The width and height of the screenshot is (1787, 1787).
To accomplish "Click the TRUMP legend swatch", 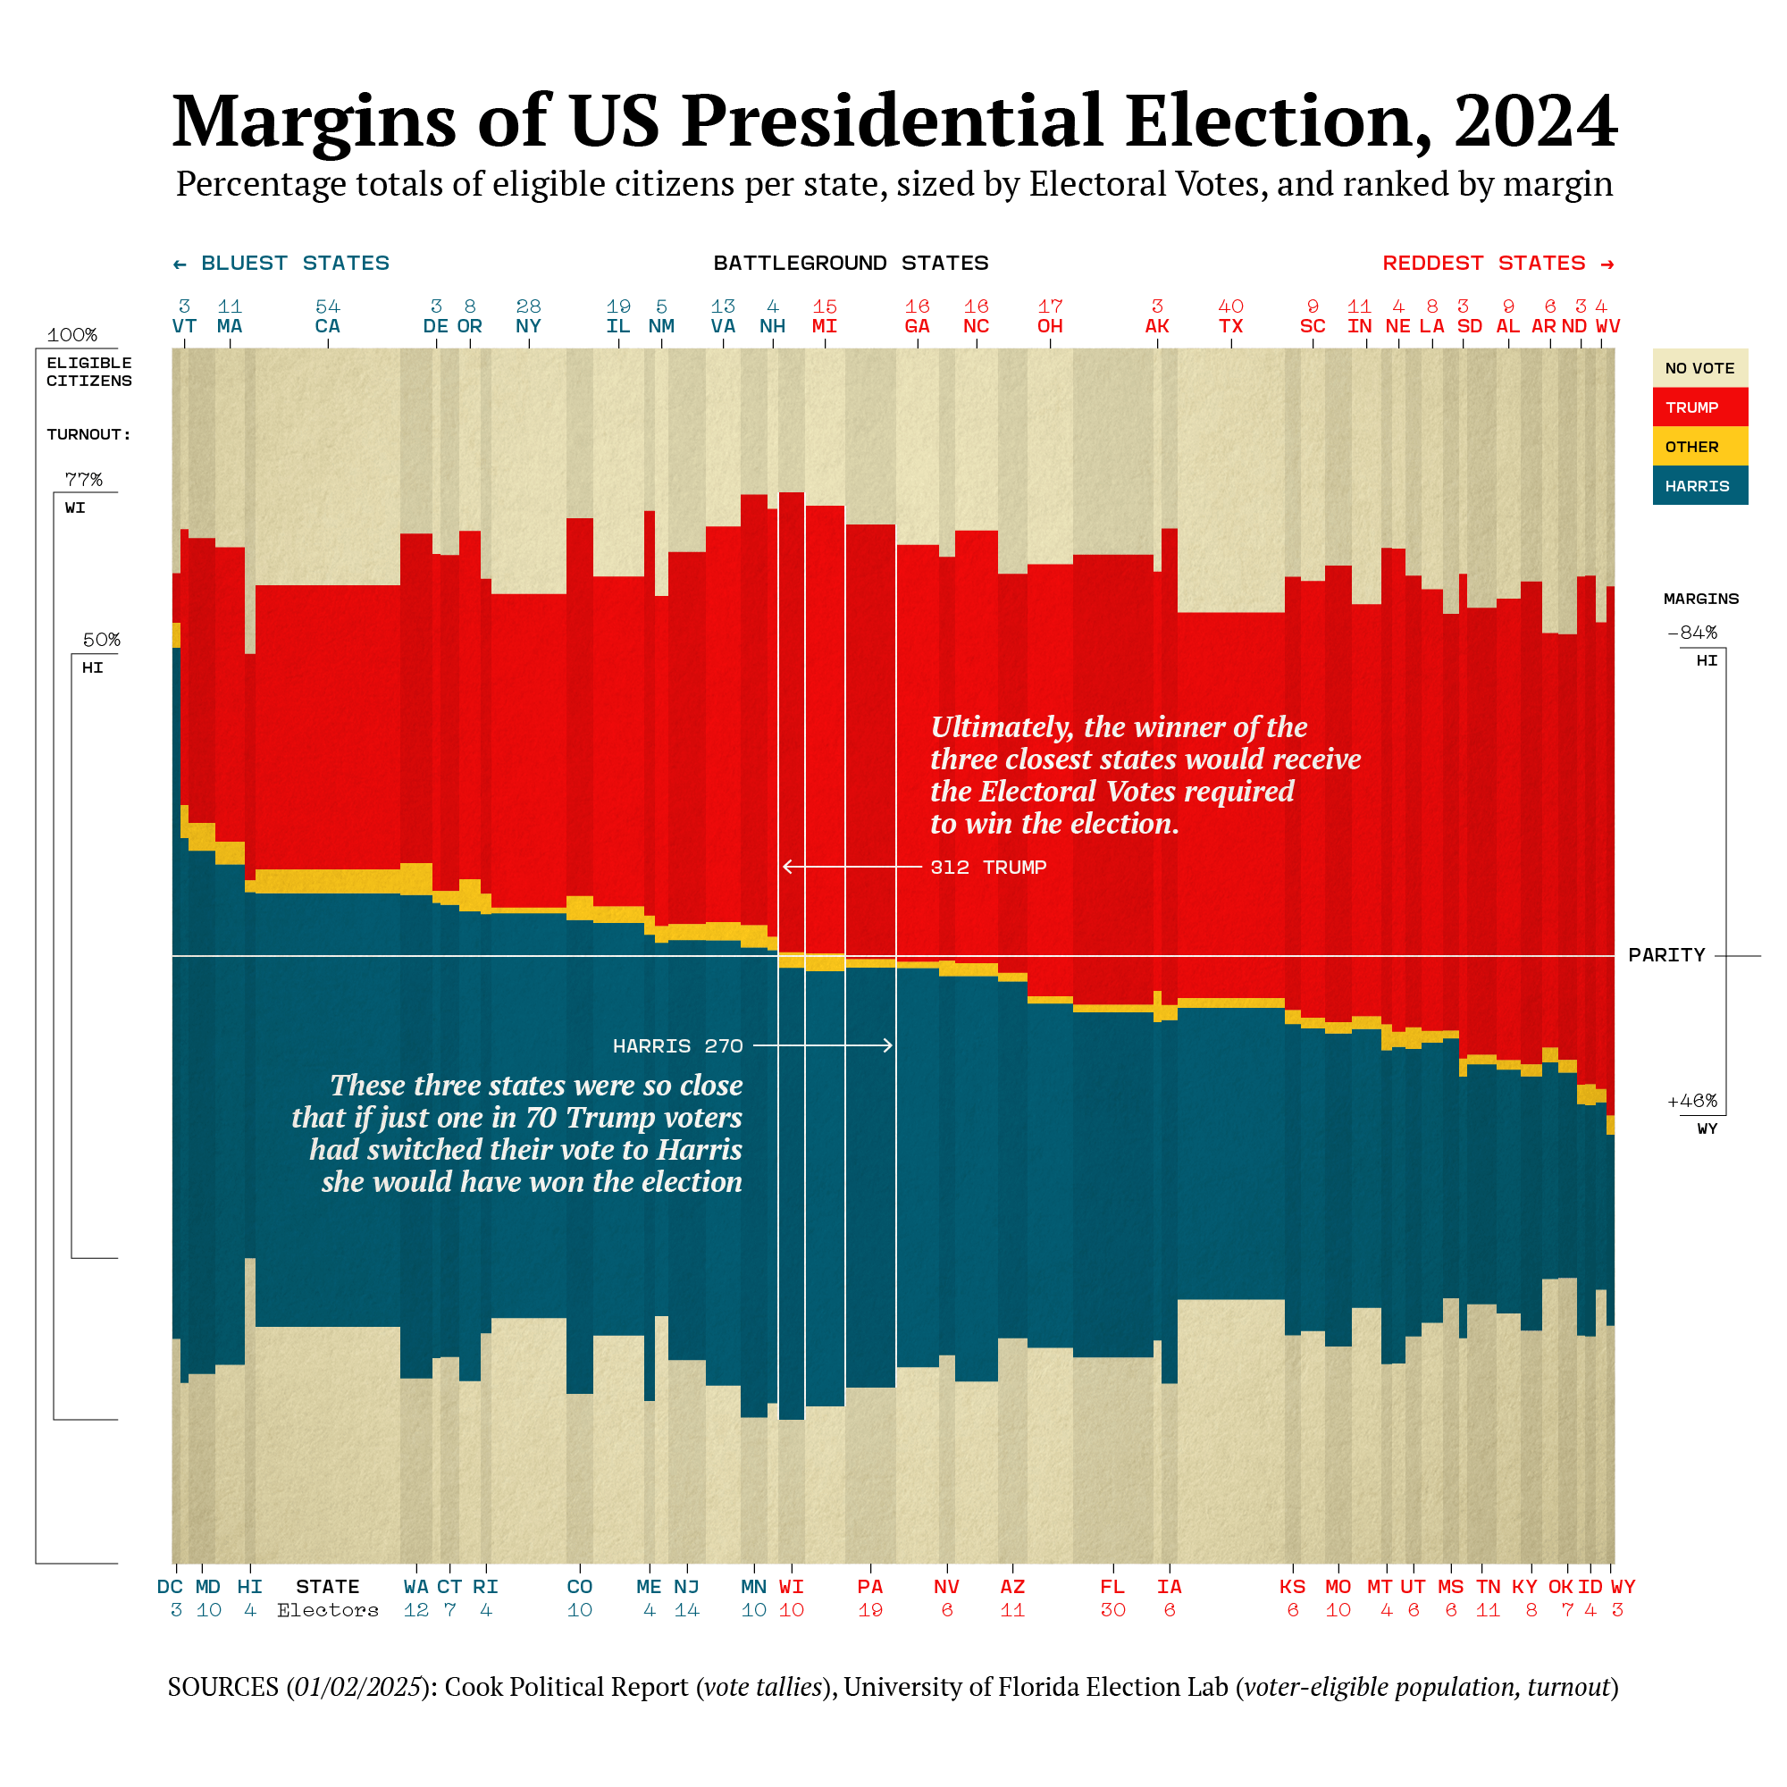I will coord(1699,407).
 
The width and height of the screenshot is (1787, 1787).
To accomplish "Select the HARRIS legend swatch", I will coord(1699,485).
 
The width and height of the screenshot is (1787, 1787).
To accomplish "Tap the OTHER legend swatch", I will coord(1699,447).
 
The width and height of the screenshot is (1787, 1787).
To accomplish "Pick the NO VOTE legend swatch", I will coord(1699,368).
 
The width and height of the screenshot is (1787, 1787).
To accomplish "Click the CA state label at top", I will coord(327,326).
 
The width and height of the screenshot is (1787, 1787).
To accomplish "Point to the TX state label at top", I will coord(1230,326).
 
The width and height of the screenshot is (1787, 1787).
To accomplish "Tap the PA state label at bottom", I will coord(869,1587).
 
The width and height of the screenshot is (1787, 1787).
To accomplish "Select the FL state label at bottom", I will coord(1112,1587).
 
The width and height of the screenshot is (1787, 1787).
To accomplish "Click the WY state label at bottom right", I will coord(1623,1587).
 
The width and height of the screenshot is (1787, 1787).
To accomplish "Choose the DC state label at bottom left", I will coord(170,1587).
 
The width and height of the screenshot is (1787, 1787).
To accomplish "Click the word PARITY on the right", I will coord(1665,955).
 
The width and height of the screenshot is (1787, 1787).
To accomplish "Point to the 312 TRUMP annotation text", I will coord(988,868).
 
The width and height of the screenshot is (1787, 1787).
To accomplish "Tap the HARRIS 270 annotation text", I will coord(678,1046).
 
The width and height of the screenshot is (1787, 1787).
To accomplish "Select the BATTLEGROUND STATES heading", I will coord(851,264).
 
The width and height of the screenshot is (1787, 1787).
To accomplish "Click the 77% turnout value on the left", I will coord(83,480).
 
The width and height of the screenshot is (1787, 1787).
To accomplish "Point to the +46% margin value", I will coord(1691,1101).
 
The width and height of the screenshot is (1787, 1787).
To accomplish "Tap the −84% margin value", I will coord(1691,633).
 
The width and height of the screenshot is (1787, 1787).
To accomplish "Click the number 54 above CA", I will coord(327,306).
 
